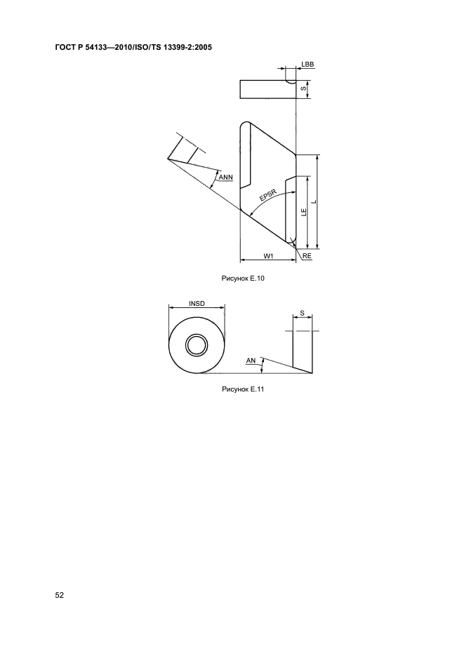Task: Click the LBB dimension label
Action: pos(307,64)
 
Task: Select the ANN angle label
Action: pos(226,178)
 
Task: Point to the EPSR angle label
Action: pos(267,195)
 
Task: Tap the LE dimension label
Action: pos(303,210)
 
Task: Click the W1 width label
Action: pos(268,256)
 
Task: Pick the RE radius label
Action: pos(307,257)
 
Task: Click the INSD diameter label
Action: pos(197,304)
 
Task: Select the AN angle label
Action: pos(251,360)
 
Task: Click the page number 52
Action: pos(60,596)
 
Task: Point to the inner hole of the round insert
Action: pos(197,345)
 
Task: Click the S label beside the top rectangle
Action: pos(303,89)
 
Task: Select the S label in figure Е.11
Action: pos(302,313)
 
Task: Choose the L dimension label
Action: pos(314,201)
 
